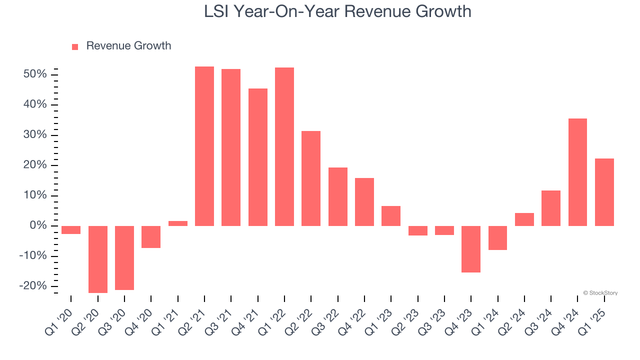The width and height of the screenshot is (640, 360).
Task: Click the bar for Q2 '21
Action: coord(204,146)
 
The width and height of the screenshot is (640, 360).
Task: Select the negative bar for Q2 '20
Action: coord(98,259)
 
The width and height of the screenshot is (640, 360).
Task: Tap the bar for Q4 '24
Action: coord(577,172)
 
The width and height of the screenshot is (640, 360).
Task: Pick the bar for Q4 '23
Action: coord(471,249)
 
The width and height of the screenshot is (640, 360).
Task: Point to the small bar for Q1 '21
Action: coord(178,223)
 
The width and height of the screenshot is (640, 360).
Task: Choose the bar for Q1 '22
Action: coord(284,146)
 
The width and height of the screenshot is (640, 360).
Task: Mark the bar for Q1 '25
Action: coord(604,192)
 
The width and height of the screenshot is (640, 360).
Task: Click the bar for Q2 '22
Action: coord(311,178)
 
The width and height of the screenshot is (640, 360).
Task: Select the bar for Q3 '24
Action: coord(551,208)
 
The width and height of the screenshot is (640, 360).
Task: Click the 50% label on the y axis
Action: coord(35,74)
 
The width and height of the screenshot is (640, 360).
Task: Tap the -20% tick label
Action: coord(33,286)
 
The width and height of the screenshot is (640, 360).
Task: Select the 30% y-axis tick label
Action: coord(35,135)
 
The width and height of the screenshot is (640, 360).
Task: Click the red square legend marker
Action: coord(75,47)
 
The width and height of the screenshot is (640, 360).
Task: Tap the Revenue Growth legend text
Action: coord(128,46)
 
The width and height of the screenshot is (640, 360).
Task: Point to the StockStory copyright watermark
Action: coord(600,293)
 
